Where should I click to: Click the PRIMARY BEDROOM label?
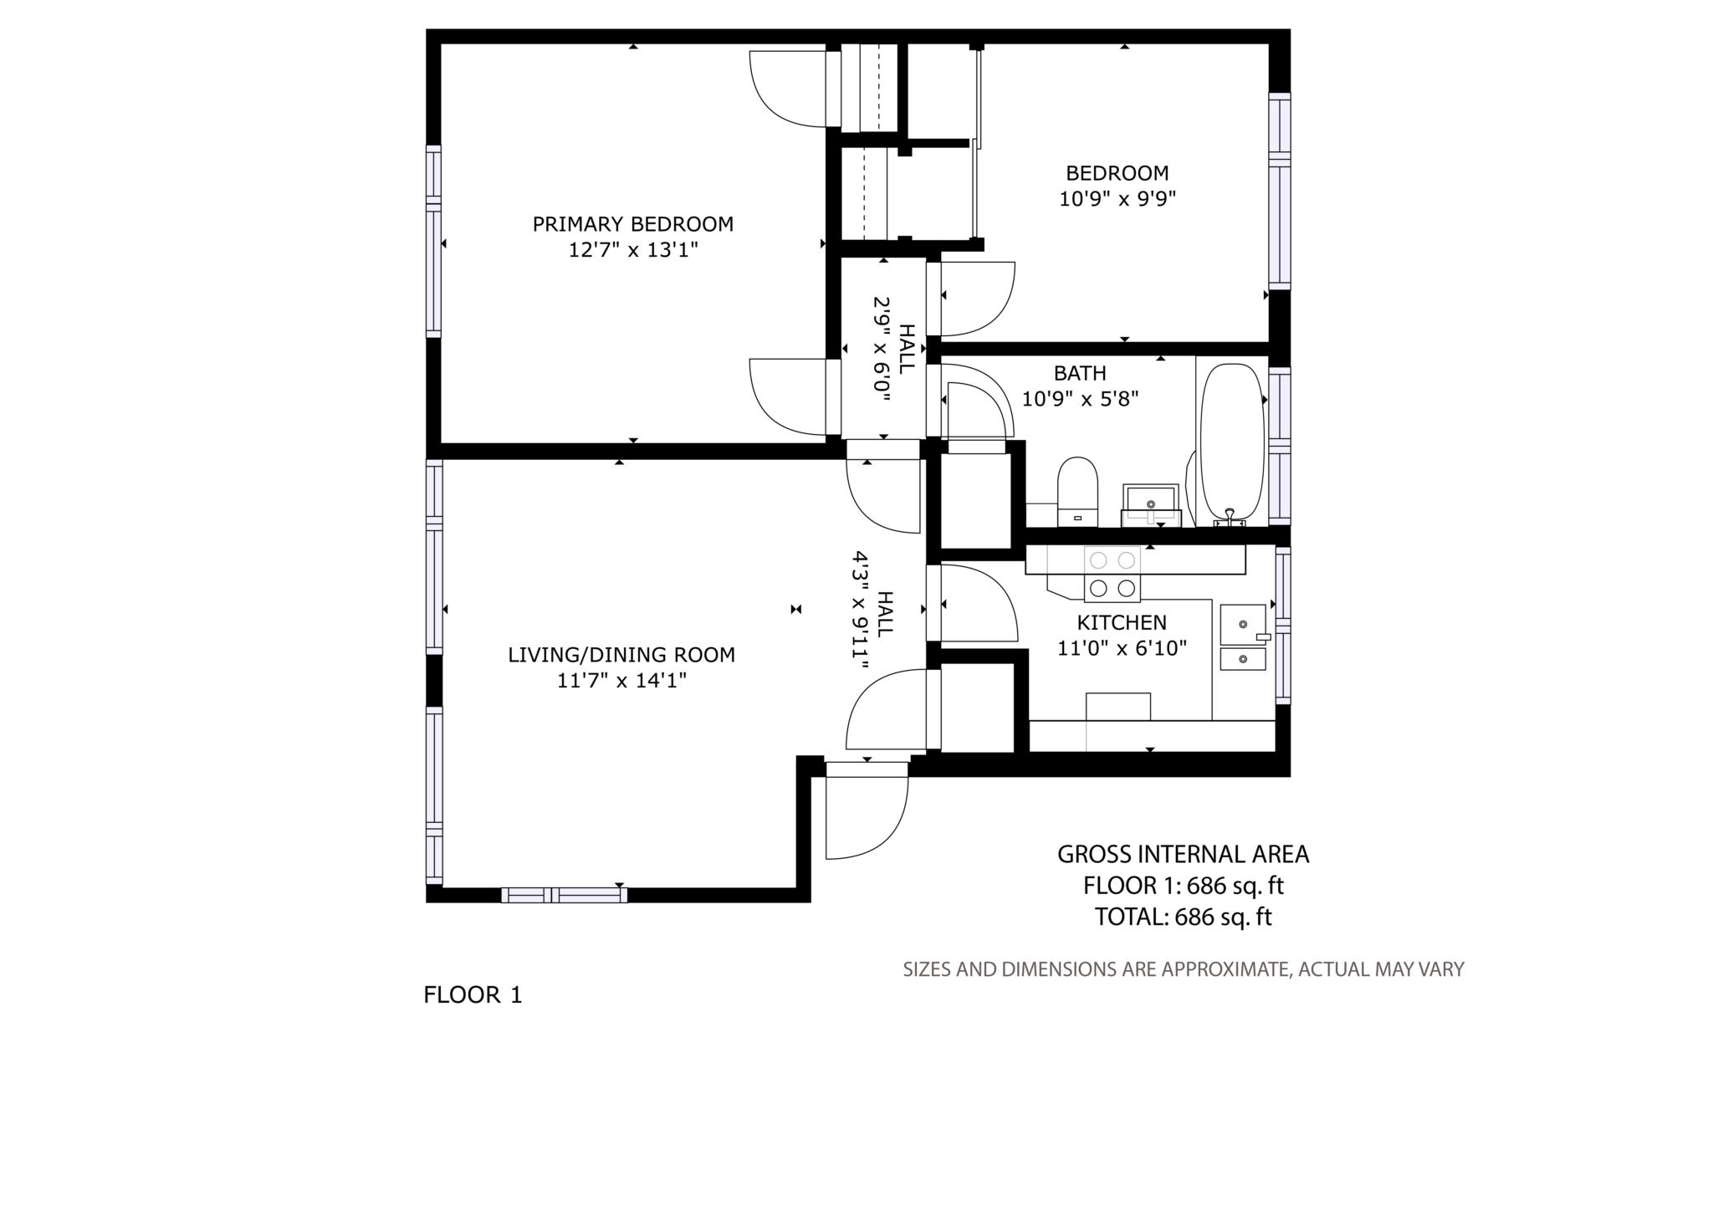click(x=632, y=224)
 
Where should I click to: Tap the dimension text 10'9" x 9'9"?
click(x=1117, y=199)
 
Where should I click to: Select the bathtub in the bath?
click(x=1231, y=442)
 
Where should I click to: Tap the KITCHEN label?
click(x=1121, y=623)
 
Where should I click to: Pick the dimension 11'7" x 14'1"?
click(x=621, y=681)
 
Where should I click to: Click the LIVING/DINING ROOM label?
click(x=621, y=655)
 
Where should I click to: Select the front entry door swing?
click(x=866, y=815)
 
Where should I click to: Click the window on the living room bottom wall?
click(x=564, y=895)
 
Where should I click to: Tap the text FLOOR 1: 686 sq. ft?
click(x=1183, y=885)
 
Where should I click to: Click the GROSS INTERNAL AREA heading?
click(x=1183, y=854)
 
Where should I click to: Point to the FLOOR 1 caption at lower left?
click(x=473, y=995)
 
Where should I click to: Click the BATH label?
click(x=1079, y=373)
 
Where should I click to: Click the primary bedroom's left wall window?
click(x=433, y=242)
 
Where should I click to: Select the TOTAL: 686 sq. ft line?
click(x=1183, y=917)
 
